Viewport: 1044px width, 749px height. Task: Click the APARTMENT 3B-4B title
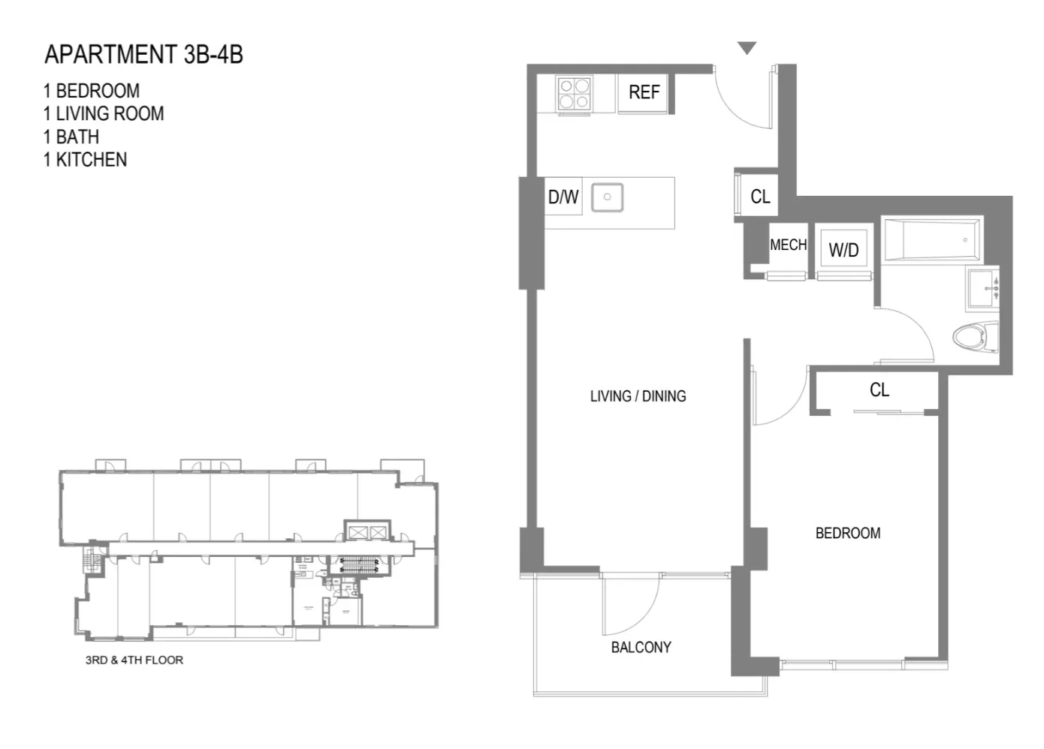tap(143, 55)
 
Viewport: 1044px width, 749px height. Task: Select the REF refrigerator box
tap(643, 93)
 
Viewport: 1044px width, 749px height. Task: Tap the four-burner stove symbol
tap(575, 95)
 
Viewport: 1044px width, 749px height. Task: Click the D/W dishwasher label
tap(563, 197)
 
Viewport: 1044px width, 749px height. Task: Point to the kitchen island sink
tap(607, 197)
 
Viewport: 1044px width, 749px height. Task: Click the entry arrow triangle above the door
tap(746, 49)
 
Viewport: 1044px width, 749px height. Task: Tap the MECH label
tap(788, 245)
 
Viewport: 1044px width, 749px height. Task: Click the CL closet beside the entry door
tap(759, 197)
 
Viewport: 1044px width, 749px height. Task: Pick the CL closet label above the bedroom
tap(879, 390)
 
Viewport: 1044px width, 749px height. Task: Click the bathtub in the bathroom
tap(931, 240)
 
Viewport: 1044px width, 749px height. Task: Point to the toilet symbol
tap(975, 335)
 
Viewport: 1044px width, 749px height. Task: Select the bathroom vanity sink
tap(983, 288)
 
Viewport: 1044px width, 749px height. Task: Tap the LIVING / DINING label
tap(638, 396)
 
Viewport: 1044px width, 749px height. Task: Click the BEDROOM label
tap(847, 534)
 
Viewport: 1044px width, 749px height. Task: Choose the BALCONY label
tap(641, 647)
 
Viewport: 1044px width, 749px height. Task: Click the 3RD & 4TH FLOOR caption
tap(134, 660)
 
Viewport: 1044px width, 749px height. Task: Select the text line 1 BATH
tap(71, 137)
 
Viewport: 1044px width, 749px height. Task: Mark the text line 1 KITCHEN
tap(85, 160)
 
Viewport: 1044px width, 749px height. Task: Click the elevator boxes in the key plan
tap(367, 532)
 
